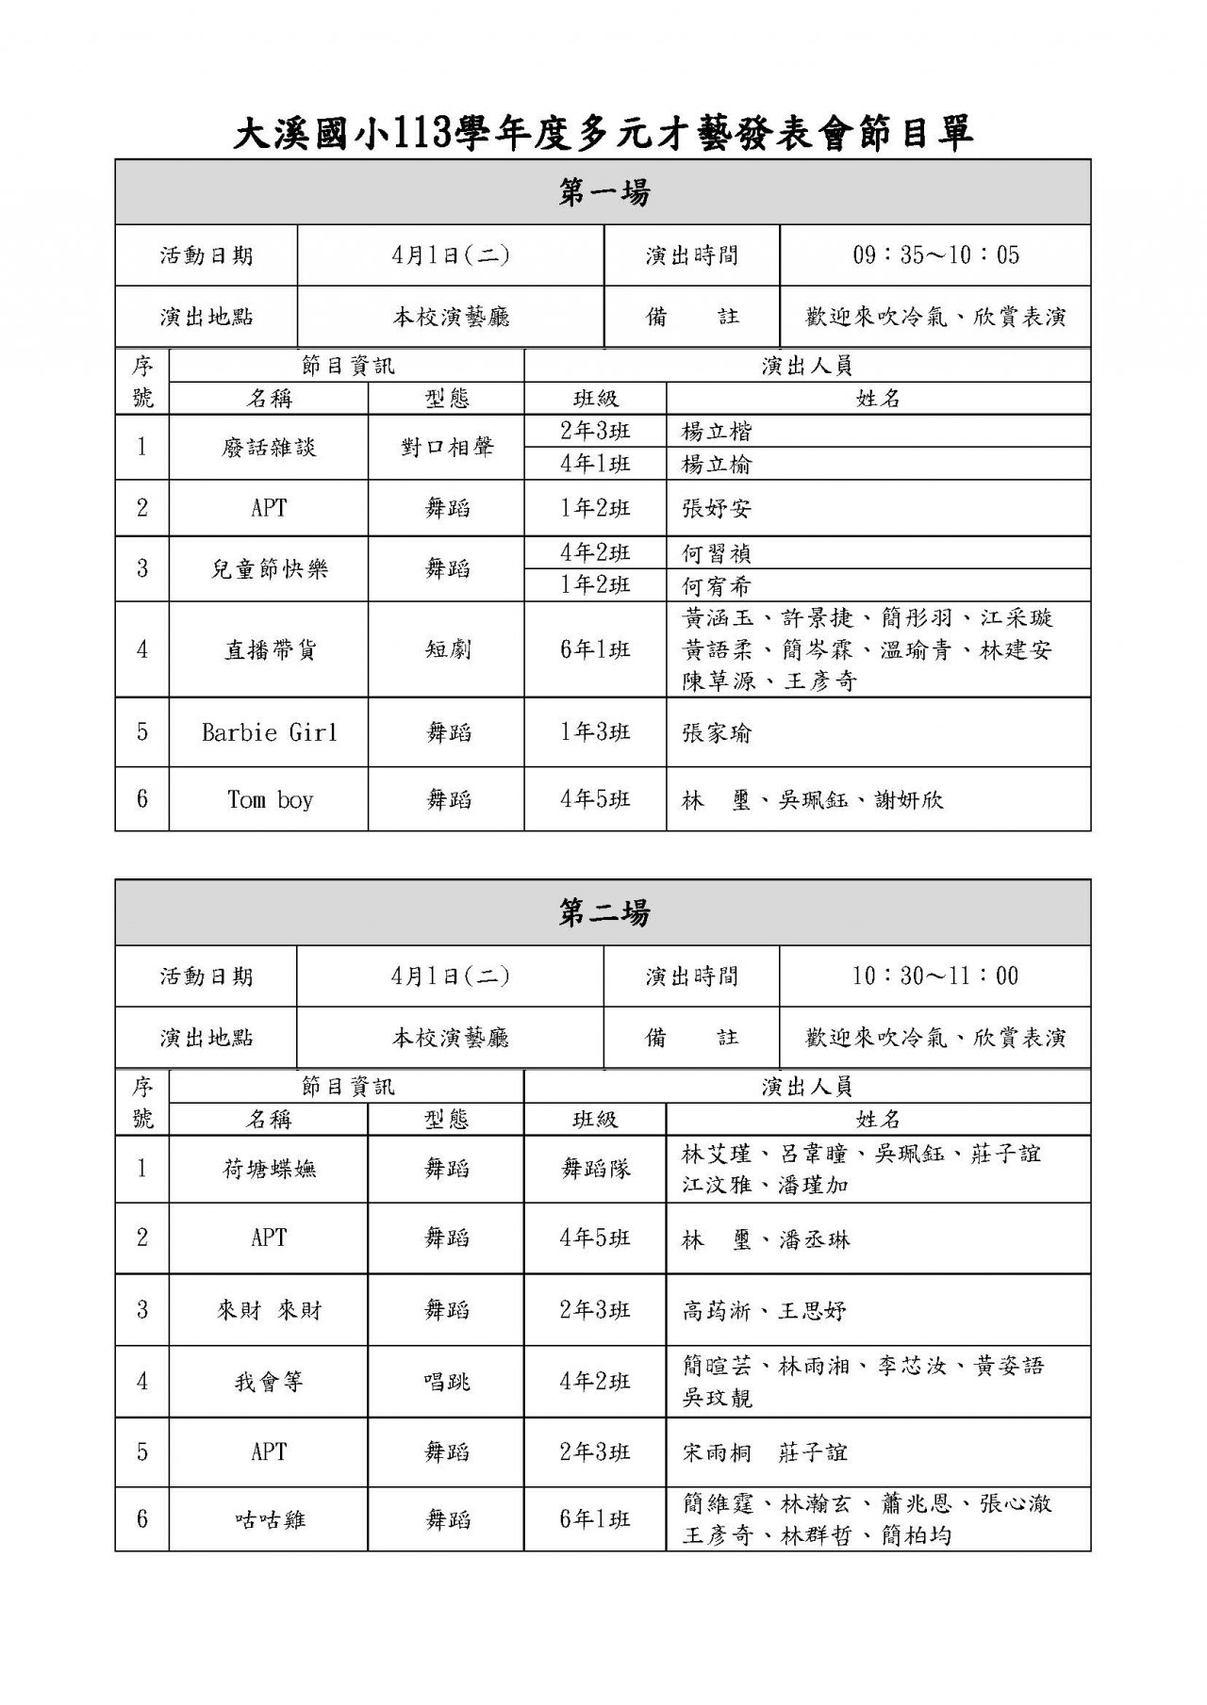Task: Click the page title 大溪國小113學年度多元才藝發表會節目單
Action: [x=603, y=134]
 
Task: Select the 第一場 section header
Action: [x=603, y=193]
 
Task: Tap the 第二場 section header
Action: [x=603, y=913]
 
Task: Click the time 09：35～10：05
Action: [x=935, y=255]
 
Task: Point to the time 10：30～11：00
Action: [x=935, y=976]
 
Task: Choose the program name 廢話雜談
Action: [x=269, y=448]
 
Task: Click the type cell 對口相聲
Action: [x=447, y=448]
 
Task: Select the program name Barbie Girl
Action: [x=269, y=732]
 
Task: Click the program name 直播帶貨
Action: [x=269, y=649]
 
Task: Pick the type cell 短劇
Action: [x=447, y=649]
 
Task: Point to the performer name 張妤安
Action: [x=717, y=509]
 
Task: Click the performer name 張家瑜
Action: [x=717, y=733]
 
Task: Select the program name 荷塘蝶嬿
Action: [x=269, y=1170]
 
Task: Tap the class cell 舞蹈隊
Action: [x=595, y=1170]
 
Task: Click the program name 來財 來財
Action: [x=269, y=1310]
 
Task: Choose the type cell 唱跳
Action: [x=447, y=1383]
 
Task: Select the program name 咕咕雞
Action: [x=269, y=1519]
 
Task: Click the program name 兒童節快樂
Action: [x=269, y=569]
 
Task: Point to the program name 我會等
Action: [x=269, y=1383]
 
